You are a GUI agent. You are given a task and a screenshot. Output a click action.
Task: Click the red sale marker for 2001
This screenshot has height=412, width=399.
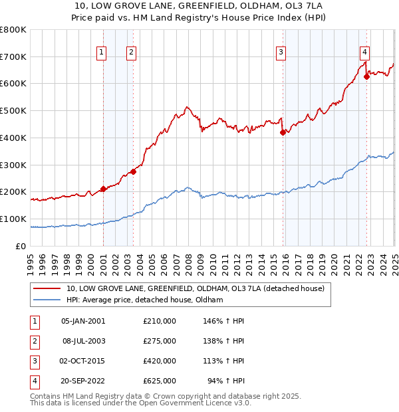(103, 189)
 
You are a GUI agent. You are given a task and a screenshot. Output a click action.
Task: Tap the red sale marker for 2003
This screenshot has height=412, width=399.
(134, 171)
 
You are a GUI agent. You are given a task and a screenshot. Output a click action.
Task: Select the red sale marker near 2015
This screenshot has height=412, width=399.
(283, 132)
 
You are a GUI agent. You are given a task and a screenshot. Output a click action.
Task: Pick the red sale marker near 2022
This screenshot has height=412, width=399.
(366, 77)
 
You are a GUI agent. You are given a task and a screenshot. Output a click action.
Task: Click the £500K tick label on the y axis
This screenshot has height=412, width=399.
(13, 110)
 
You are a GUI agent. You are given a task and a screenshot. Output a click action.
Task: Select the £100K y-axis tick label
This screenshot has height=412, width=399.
(13, 219)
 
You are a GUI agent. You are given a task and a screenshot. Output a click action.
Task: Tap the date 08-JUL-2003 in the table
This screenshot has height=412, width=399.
(83, 340)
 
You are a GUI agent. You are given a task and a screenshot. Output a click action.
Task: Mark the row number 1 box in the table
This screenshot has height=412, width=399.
(33, 320)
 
